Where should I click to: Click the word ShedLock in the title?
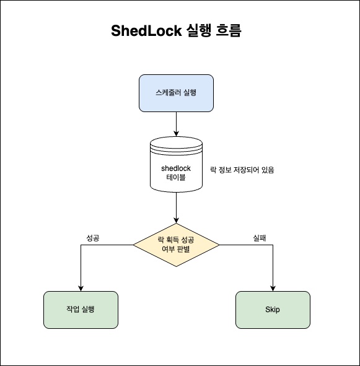coord(146,32)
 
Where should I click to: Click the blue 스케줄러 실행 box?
coord(177,93)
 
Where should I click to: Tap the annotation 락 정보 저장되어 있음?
coord(242,169)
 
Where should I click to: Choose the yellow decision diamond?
coord(177,245)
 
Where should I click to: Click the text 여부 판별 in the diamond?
coord(177,250)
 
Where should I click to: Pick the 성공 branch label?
coord(92,237)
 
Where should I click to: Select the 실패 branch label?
coord(259,237)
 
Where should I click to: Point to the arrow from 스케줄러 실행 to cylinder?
coord(177,124)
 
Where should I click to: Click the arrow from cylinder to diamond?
coord(177,207)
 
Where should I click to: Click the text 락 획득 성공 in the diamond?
coord(177,240)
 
